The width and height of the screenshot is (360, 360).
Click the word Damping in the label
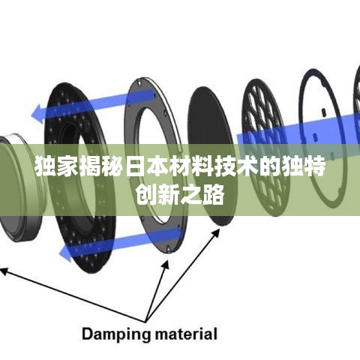tap(116, 335)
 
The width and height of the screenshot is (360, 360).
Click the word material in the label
tap(186, 334)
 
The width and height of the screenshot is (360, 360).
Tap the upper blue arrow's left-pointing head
tap(37, 115)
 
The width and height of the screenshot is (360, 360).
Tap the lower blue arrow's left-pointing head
tap(65, 253)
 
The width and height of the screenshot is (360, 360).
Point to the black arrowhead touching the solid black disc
tap(215, 233)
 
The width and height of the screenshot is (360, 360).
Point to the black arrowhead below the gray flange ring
tap(166, 265)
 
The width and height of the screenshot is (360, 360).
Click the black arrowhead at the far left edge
tap(4, 271)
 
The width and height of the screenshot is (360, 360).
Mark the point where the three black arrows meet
tap(145, 322)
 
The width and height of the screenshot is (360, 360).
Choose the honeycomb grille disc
tap(265, 148)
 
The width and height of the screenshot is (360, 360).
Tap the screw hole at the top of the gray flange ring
tap(138, 81)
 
